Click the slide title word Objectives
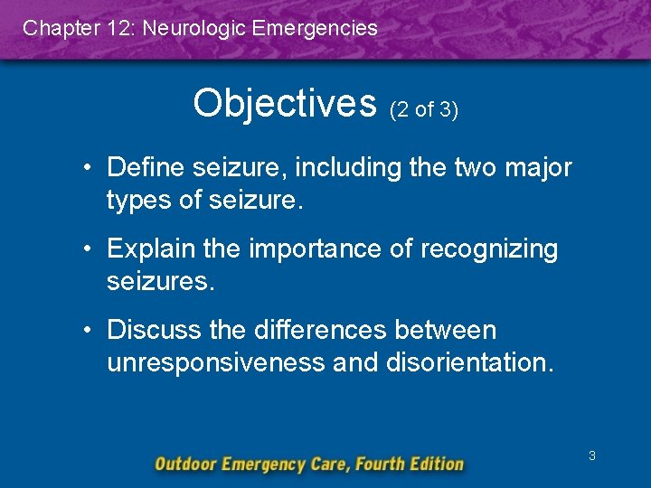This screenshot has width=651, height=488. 284,104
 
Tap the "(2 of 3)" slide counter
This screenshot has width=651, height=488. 424,110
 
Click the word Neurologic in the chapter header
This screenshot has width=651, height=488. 195,28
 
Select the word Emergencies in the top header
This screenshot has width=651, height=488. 316,28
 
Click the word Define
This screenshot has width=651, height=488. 145,167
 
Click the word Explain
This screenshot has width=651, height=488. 150,249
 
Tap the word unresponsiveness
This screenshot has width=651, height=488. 217,362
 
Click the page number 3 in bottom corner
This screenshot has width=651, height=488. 591,455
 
